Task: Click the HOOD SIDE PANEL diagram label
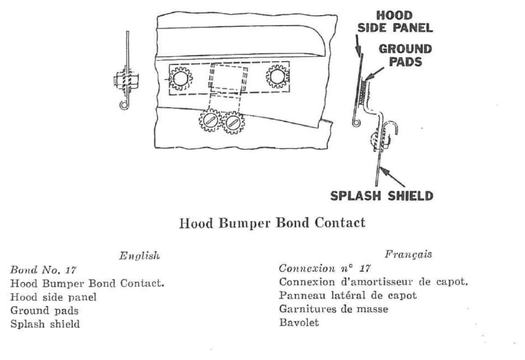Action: coord(395,22)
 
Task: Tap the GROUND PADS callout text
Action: coord(405,55)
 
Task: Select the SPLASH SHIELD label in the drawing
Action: coord(382,196)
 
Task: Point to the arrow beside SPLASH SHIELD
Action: coord(392,176)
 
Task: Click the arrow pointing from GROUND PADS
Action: coord(374,74)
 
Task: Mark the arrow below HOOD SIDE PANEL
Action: coord(358,46)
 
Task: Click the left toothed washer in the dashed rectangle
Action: coord(181,78)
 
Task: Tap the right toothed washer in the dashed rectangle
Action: coord(278,77)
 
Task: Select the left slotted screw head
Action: coord(210,120)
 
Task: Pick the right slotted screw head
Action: coord(233,122)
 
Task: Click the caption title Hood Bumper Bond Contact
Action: coord(272,223)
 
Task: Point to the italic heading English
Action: coord(140,255)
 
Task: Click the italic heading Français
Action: coord(408,255)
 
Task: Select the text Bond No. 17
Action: coord(43,270)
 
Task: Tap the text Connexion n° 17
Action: coord(325,268)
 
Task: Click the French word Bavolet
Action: coord(299,323)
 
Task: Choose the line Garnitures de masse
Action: coord(334,309)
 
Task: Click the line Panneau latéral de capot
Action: coord(348,295)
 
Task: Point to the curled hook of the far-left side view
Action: coord(124,105)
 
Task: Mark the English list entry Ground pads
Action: coord(44,311)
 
